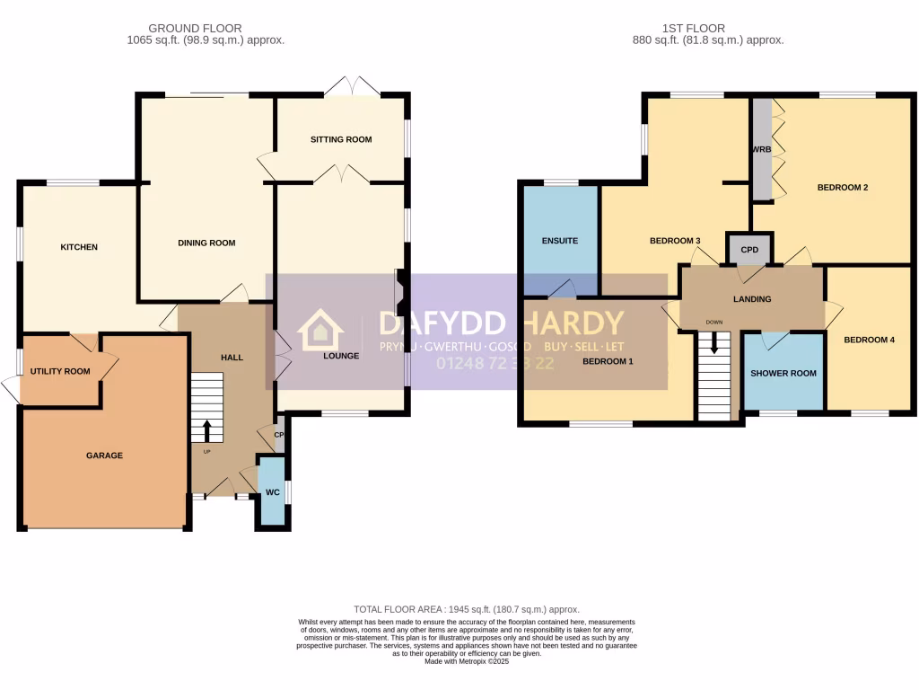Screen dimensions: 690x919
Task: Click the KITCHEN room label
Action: point(79,247)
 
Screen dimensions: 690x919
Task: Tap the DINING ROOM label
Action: point(206,243)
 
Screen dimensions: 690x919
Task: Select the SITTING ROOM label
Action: point(341,139)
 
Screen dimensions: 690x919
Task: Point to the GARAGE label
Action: point(104,456)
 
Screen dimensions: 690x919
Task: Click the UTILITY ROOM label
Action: point(60,371)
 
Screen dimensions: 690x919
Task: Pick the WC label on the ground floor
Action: point(273,492)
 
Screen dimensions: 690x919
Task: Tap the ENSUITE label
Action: point(559,241)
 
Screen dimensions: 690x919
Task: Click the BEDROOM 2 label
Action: point(842,188)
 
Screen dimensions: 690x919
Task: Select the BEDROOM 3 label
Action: point(674,241)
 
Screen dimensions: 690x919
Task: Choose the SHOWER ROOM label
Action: point(783,373)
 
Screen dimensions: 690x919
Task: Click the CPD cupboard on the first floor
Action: point(749,250)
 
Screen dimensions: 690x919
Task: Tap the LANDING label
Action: point(751,299)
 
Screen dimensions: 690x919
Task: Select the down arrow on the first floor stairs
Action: point(714,342)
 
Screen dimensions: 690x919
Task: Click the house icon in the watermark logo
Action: point(320,330)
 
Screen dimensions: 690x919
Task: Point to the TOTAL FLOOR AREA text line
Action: point(467,609)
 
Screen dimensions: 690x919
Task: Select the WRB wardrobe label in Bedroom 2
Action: point(762,149)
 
